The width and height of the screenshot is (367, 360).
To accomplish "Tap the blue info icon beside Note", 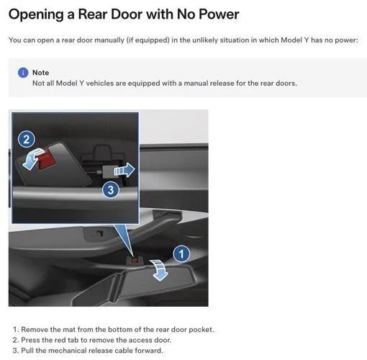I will (x=23, y=73).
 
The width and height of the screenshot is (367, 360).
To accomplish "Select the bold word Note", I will (x=41, y=73).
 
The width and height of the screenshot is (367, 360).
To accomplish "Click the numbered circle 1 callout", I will (x=182, y=253).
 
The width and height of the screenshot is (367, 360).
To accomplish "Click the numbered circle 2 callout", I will (x=26, y=140).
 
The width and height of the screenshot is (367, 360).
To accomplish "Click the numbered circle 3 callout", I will (x=110, y=190).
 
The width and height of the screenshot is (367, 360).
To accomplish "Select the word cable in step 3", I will (x=126, y=351).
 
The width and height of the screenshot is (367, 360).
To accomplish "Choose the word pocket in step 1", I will (x=201, y=329).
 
